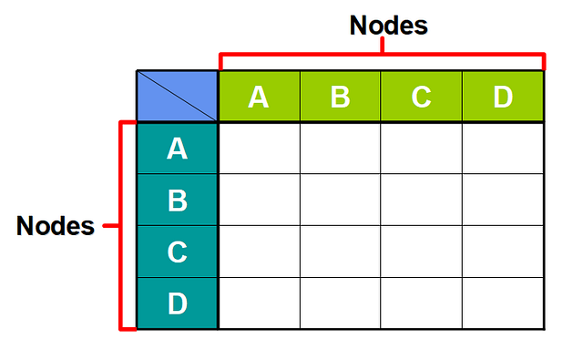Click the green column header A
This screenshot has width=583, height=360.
pos(260,96)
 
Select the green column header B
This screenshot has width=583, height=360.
pos(341,96)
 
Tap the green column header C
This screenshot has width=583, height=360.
pos(421,96)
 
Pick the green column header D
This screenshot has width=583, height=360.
pos(503,96)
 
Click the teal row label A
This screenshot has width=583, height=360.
pos(178,148)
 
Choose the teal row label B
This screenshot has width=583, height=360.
pos(178,200)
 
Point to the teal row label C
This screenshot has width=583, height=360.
pos(178,252)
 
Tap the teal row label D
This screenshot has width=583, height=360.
pos(178,303)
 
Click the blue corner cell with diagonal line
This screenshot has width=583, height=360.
pos(178,96)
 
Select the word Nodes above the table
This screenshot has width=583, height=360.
pos(388,26)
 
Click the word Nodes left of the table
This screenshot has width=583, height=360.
pos(56,226)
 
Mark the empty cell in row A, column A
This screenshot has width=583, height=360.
pos(260,148)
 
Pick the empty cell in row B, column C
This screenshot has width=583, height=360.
pos(421,200)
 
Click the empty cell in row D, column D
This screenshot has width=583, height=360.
pos(503,303)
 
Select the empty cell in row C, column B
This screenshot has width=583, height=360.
pos(341,252)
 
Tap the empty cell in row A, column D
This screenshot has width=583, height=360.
pos(503,148)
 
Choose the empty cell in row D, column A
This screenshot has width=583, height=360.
pos(260,303)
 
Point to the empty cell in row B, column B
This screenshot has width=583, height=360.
pos(341,200)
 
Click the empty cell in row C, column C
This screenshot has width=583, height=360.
pos(421,252)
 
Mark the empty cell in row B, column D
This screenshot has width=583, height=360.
pos(503,200)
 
